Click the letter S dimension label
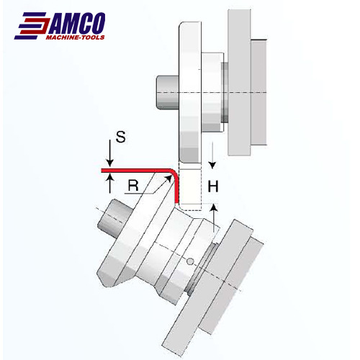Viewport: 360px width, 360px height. (120, 137)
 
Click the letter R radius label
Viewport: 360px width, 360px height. (133, 185)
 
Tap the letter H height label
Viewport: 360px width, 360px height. (213, 186)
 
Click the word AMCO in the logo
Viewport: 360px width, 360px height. (77, 23)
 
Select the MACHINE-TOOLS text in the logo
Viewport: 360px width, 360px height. (75, 37)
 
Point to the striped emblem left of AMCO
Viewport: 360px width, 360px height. (32, 26)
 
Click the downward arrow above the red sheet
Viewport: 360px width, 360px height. (109, 153)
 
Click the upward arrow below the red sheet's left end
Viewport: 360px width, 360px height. (110, 184)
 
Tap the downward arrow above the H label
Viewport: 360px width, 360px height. (212, 156)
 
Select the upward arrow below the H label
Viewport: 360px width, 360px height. (214, 218)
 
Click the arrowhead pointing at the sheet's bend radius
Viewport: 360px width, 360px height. (168, 179)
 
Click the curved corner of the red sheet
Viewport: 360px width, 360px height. (175, 174)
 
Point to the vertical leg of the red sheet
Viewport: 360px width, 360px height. (177, 191)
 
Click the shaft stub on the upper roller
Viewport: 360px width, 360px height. (168, 93)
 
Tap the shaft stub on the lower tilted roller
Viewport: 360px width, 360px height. (114, 218)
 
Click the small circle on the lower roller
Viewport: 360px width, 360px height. (190, 261)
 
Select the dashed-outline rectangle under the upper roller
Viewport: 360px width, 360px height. (190, 186)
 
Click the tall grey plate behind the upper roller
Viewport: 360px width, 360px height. (240, 83)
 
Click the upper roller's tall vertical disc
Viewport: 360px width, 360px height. (190, 92)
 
